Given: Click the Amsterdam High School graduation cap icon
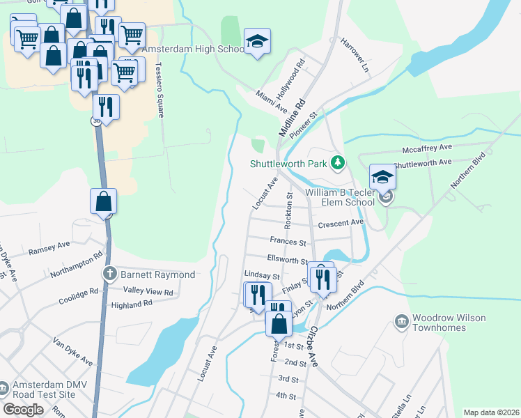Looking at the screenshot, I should (257, 42).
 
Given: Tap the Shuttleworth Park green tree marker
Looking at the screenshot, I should (338, 163).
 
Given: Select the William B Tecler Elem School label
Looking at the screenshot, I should (339, 199).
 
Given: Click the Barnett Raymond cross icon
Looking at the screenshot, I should (109, 274).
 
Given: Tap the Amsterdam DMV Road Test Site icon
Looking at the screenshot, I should (3, 387).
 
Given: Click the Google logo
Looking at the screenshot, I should (23, 410).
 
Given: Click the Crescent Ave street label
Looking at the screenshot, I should (341, 223).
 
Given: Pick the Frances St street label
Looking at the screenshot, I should (288, 242).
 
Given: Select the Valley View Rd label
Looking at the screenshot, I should (148, 291).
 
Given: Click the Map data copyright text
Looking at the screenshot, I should (491, 412).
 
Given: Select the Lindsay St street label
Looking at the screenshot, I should (261, 277).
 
